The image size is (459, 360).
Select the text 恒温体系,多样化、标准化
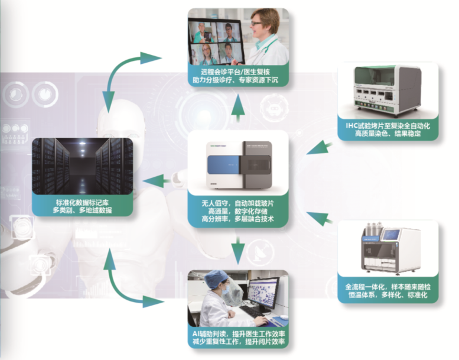point(388,295)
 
